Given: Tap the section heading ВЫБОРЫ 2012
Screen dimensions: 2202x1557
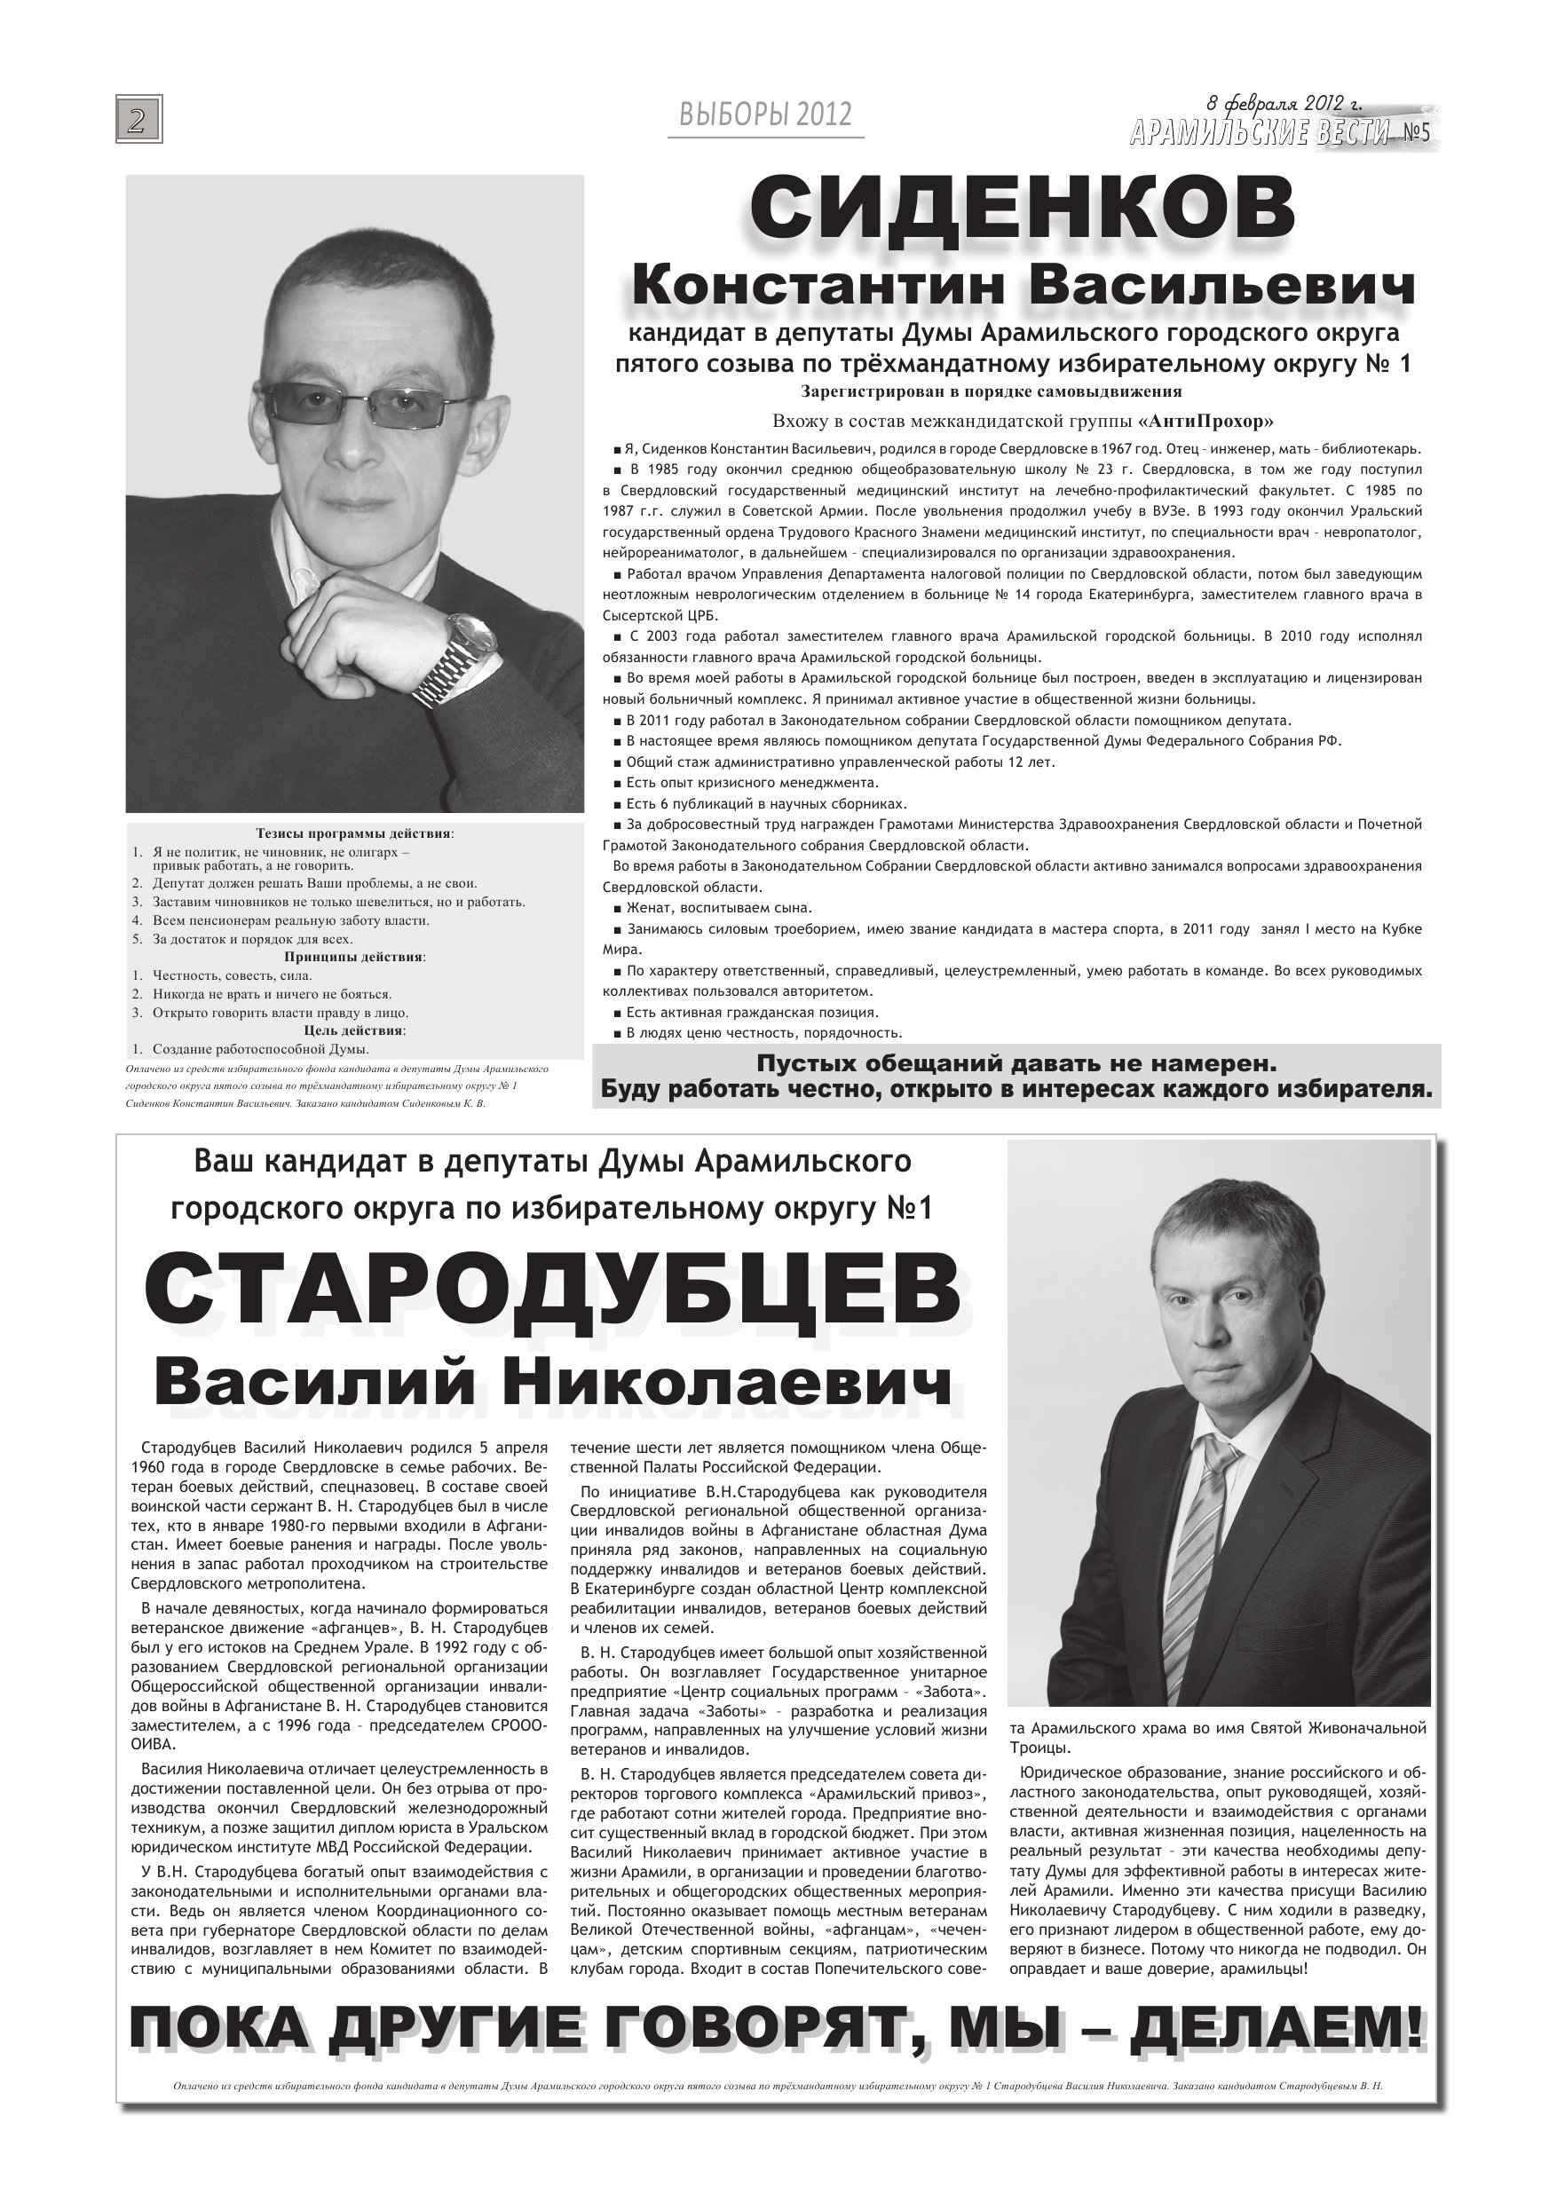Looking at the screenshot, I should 764,115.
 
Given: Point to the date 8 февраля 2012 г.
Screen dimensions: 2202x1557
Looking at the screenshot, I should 1284,104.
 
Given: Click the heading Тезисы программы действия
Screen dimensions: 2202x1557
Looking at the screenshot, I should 354,833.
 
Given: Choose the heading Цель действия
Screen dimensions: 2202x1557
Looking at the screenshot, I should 354,1030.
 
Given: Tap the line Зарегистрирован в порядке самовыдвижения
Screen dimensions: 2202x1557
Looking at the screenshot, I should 991,391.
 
